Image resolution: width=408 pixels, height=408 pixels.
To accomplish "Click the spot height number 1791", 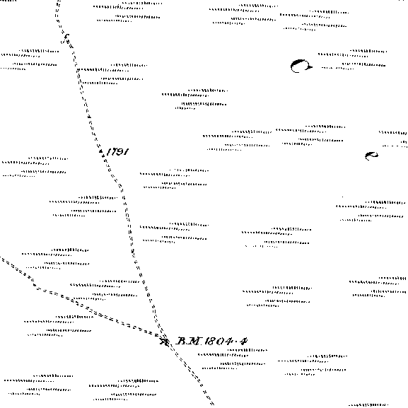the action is click(x=117, y=151).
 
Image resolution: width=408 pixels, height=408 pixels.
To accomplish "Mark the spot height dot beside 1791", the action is click(x=100, y=151).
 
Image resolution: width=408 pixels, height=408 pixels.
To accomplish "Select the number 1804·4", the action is click(x=226, y=341).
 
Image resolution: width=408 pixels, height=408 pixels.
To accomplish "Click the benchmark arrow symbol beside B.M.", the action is click(x=165, y=341).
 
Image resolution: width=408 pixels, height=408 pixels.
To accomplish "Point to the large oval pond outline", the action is click(x=301, y=66).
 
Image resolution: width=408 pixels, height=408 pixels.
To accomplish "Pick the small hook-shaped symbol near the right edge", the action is click(x=371, y=156).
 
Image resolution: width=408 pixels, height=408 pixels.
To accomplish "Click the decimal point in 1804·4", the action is click(x=237, y=341).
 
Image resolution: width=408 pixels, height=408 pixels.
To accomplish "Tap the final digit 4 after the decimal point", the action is click(x=244, y=341).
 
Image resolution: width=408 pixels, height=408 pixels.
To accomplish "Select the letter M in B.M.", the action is click(x=195, y=341).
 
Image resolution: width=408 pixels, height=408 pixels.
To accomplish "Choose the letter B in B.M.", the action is click(x=181, y=341).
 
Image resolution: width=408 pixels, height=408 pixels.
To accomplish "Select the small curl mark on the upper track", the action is click(x=66, y=37).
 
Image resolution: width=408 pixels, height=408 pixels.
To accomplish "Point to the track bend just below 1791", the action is click(x=120, y=187).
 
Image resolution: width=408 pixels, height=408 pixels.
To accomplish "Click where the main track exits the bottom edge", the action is click(x=212, y=405).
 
